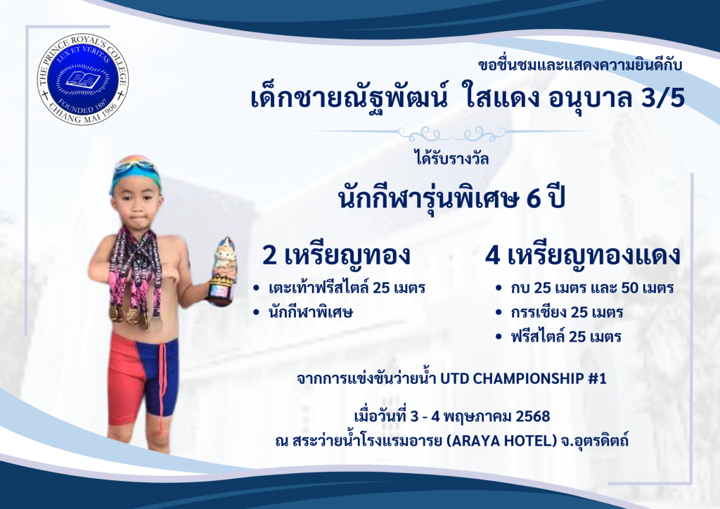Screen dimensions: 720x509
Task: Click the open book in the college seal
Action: coord(83,79)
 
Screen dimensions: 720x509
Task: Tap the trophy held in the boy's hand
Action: coord(221,271)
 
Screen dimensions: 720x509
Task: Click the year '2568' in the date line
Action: coord(533,416)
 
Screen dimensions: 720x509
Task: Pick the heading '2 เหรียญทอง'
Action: coord(336,256)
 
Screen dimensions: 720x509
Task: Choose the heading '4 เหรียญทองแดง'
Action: coord(583,256)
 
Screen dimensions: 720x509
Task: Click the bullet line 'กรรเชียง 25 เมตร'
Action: coord(567,313)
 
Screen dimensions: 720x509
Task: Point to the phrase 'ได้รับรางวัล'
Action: coord(452,158)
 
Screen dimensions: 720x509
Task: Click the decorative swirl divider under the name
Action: coord(452,134)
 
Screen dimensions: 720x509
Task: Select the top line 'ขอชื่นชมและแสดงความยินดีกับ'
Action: coord(580,65)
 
